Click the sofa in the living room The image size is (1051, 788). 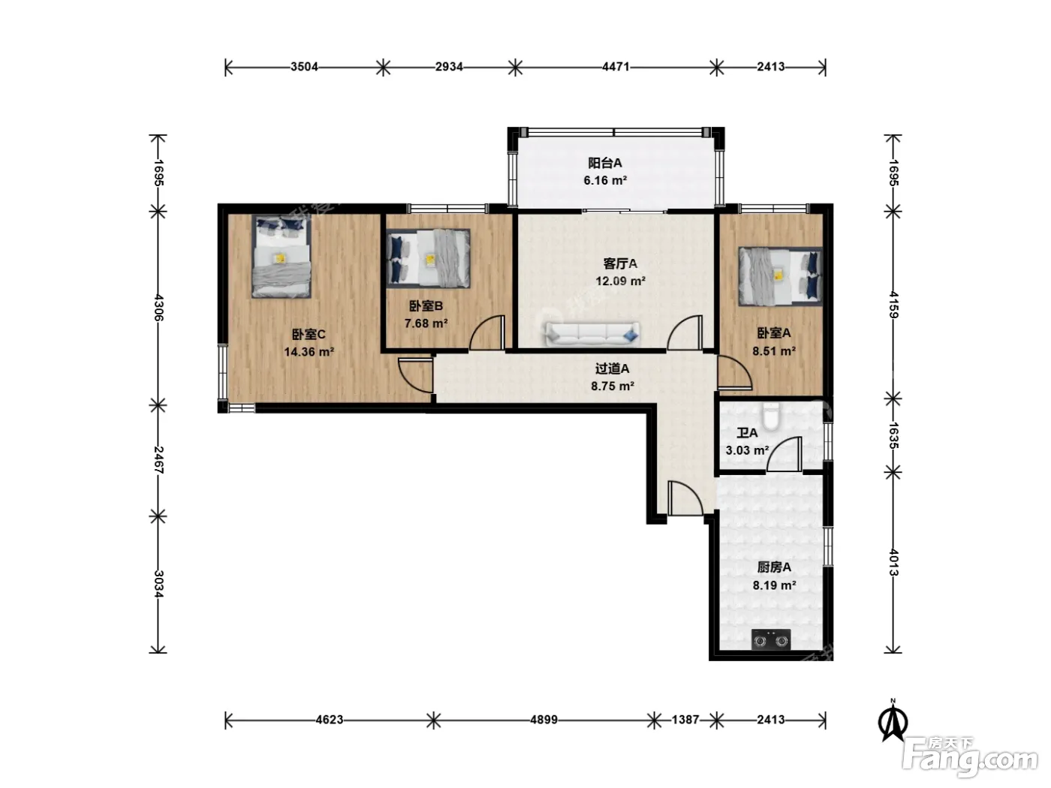click(592, 333)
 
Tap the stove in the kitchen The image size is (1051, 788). click(771, 639)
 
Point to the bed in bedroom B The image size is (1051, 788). click(428, 258)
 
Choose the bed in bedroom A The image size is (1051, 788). click(781, 276)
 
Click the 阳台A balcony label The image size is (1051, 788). click(605, 163)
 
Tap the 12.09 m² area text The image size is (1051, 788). click(620, 281)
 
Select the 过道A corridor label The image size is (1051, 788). click(612, 368)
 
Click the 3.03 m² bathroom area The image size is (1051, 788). click(747, 450)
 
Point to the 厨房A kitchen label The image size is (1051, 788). click(774, 567)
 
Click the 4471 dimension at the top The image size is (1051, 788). click(616, 67)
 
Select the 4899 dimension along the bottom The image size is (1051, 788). click(544, 720)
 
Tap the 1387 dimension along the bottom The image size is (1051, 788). click(685, 720)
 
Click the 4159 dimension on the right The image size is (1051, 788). click(893, 305)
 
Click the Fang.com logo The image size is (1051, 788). click(969, 756)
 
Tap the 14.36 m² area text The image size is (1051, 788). click(309, 352)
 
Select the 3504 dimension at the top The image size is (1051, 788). click(304, 67)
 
